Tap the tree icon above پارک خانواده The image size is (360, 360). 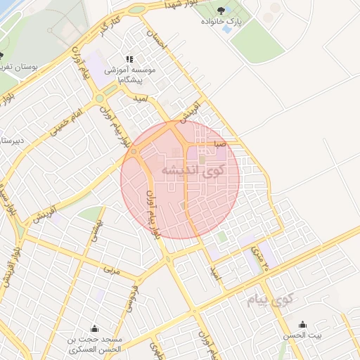click(222, 10)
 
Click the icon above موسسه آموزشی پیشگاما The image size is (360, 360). click(129, 60)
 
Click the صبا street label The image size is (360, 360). click(221, 143)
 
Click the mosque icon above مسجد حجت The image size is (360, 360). click(94, 328)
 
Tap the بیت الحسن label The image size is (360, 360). click(303, 336)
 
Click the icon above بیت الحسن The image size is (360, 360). click(303, 324)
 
